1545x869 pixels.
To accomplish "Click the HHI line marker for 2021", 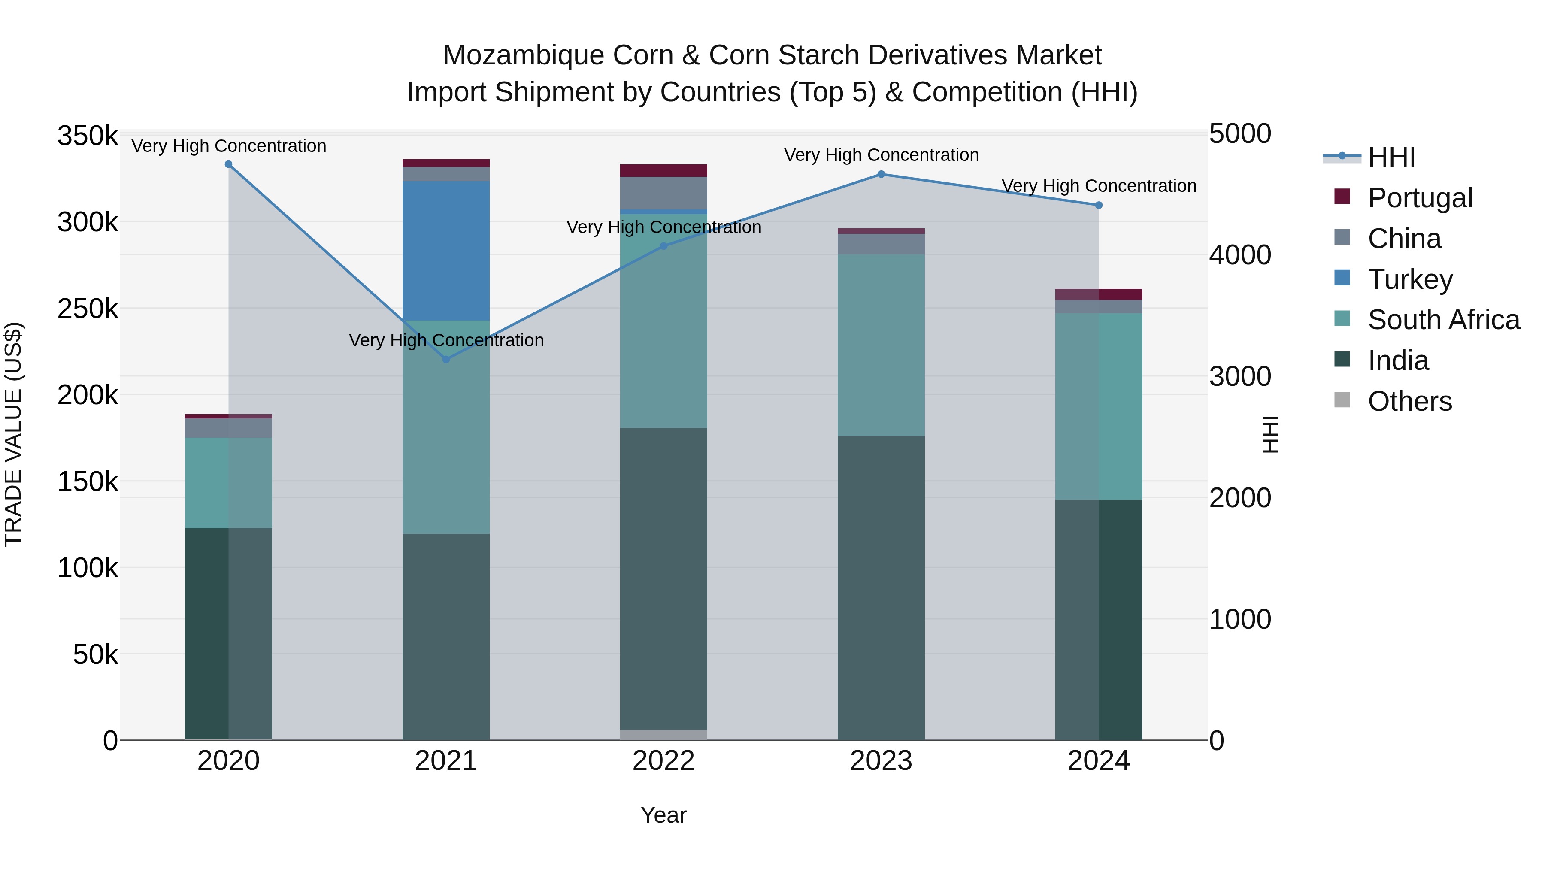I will click(445, 359).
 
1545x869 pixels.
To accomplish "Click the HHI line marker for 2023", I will click(881, 175).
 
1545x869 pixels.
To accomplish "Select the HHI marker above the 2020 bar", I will click(228, 164).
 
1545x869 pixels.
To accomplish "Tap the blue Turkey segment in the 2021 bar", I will click(445, 251).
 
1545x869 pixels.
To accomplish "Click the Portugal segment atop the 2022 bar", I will click(663, 170).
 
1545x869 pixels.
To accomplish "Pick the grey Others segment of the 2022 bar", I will click(663, 735).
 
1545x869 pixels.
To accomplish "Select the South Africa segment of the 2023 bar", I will click(881, 345).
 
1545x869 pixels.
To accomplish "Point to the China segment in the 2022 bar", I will click(663, 193).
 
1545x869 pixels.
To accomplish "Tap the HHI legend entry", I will click(1391, 157).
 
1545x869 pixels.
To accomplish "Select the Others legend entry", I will click(1409, 401).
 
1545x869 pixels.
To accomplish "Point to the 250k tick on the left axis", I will click(88, 309).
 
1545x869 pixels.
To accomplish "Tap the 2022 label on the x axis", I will click(663, 761).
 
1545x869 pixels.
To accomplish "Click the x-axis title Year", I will click(663, 815).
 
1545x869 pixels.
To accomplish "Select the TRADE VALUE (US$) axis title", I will click(13, 434).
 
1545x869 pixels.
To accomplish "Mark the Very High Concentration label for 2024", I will click(1099, 186).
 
